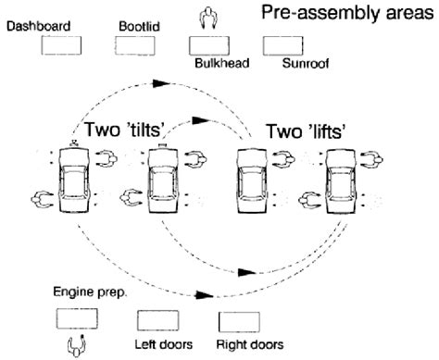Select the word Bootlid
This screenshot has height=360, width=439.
coord(139,25)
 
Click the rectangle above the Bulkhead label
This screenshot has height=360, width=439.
coord(209,45)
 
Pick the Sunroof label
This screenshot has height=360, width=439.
coord(305,65)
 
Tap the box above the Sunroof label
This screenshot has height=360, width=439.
coord(283,45)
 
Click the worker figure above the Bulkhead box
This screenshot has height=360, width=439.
coord(208,17)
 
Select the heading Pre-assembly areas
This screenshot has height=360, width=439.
coord(345,13)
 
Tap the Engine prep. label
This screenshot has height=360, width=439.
coord(89,292)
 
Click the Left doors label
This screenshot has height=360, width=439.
coord(163,346)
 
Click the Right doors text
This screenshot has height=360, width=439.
coord(245,346)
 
